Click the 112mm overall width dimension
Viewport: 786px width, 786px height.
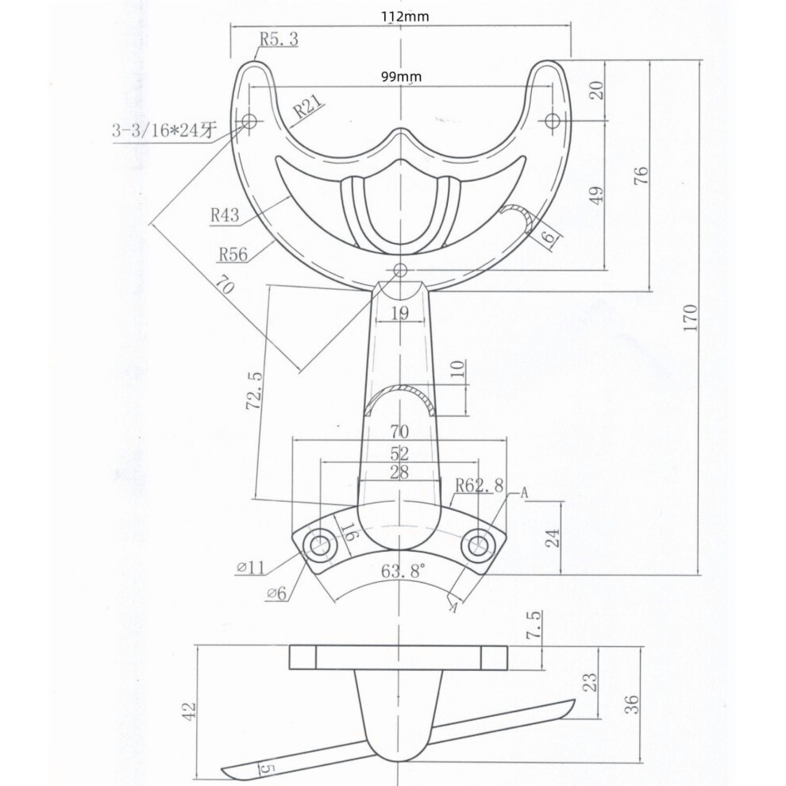coord(405,17)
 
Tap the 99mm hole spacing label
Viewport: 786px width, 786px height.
coord(401,77)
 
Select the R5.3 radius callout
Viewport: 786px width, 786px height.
coord(279,39)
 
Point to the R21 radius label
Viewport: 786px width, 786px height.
coord(307,107)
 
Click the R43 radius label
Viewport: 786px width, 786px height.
coord(225,215)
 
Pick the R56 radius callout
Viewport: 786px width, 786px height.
coord(233,254)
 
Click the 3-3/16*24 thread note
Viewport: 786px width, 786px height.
coord(164,132)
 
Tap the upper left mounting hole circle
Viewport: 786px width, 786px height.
coord(249,121)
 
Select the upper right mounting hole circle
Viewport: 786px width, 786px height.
coord(553,121)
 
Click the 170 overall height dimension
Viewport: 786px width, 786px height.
coord(690,318)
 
